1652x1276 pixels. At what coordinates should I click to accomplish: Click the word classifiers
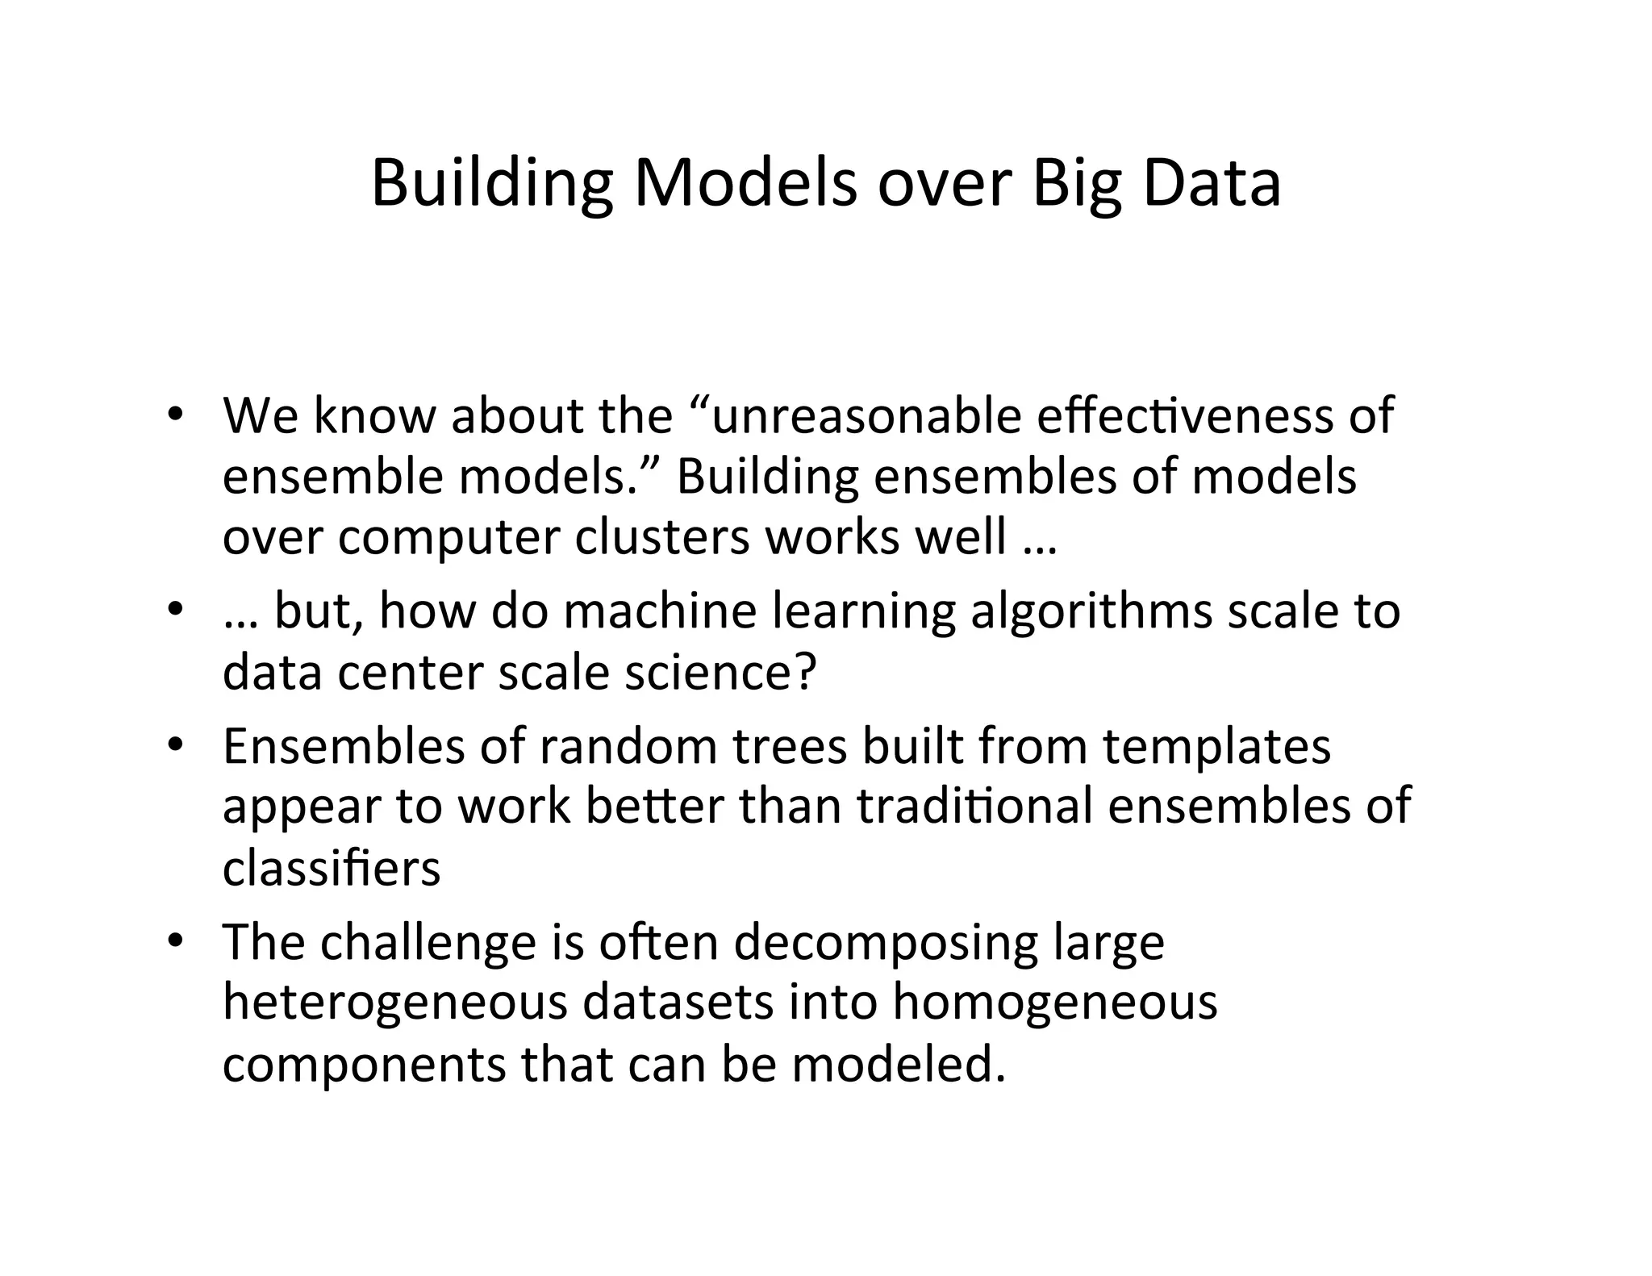pyautogui.click(x=332, y=868)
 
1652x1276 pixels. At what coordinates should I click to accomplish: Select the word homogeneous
pyautogui.click(x=1055, y=1003)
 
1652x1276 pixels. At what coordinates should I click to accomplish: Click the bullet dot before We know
pyautogui.click(x=174, y=415)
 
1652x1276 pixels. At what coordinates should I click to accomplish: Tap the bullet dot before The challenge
pyautogui.click(x=174, y=941)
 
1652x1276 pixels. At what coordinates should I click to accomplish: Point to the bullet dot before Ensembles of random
pyautogui.click(x=174, y=745)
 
